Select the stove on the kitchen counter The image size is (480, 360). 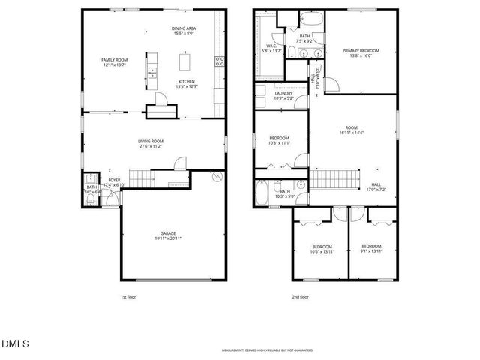(x=220, y=61)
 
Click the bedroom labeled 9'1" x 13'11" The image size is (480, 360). (x=371, y=249)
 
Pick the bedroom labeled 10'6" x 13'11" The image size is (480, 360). (x=322, y=249)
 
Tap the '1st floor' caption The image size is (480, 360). (x=129, y=296)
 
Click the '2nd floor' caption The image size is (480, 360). (x=300, y=296)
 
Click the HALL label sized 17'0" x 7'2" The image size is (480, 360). (x=376, y=186)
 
